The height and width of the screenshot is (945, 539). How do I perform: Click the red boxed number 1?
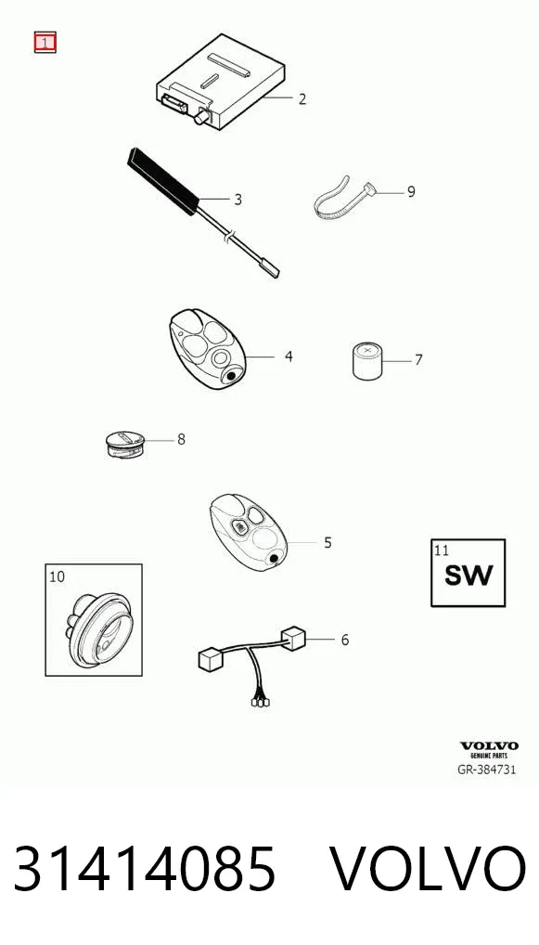[45, 42]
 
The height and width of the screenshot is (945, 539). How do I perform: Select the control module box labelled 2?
[221, 81]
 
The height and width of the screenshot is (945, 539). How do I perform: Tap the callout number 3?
[237, 199]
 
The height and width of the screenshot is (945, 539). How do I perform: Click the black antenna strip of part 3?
[162, 181]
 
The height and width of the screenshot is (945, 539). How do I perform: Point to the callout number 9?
[411, 191]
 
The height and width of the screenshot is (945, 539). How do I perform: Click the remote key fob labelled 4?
[208, 350]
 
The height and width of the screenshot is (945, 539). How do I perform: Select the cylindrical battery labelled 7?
[367, 360]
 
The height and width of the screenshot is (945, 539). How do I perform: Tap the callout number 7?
[418, 360]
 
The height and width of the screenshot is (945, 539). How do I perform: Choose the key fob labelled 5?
[248, 533]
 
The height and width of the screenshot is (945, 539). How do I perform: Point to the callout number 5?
[327, 542]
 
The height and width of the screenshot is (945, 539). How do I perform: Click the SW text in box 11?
[468, 576]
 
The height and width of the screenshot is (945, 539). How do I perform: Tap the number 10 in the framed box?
[57, 576]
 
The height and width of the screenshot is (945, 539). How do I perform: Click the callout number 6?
[345, 640]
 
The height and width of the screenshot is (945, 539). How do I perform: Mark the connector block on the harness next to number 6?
[293, 639]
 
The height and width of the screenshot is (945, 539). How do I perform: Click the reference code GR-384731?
[487, 769]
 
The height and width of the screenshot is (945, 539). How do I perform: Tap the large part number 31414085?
[145, 869]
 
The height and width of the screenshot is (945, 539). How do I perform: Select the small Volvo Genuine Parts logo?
[489, 750]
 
